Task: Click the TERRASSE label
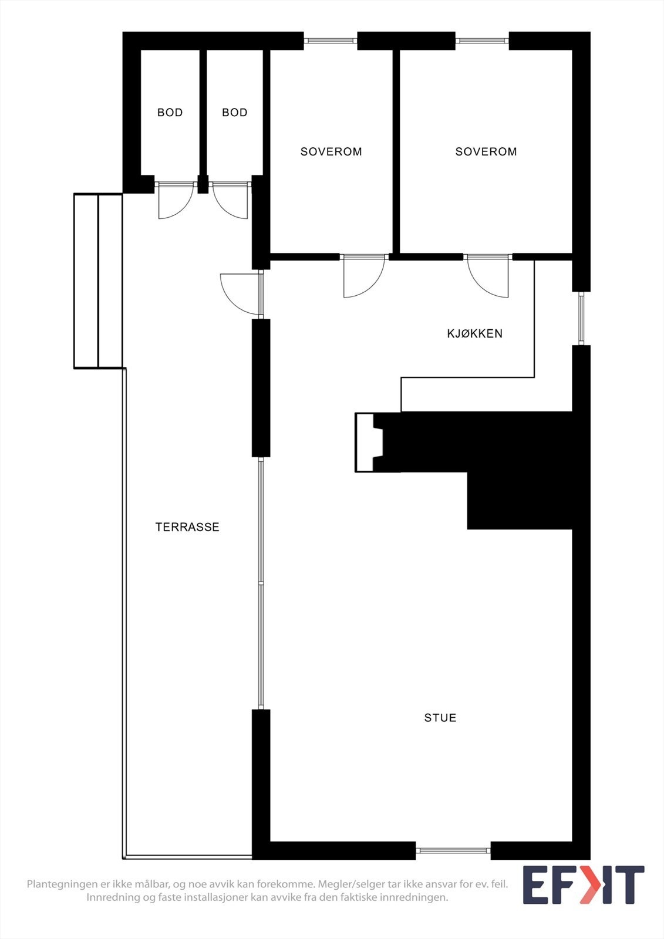pos(187,527)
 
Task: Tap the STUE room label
pos(440,718)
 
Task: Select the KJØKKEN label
pos(474,334)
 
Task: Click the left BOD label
pos(170,113)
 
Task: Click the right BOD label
pos(234,113)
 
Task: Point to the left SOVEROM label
pos(331,151)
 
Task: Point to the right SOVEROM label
pos(486,151)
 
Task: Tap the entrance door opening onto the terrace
pos(241,293)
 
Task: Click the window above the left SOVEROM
pos(331,40)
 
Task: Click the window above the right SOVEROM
pos(482,40)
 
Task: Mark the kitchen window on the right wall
pos(581,318)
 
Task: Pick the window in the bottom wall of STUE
pos(453,850)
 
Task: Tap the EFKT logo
pos(583,884)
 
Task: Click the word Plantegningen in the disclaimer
pos(62,884)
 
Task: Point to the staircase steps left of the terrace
pos(98,281)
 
